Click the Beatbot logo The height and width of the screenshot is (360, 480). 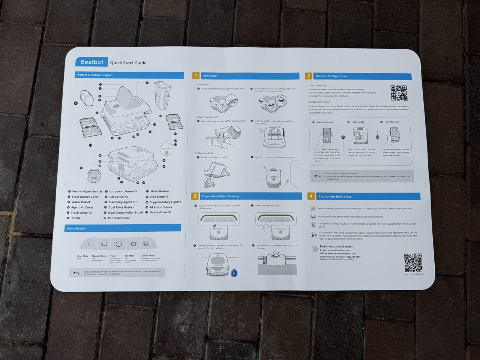point(92,62)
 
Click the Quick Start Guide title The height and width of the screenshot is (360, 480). point(128,63)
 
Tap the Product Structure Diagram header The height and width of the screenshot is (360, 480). point(95,75)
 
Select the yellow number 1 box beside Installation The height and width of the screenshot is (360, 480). point(195,76)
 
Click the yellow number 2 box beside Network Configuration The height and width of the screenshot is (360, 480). point(308,76)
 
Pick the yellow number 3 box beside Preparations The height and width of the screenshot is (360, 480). point(195,196)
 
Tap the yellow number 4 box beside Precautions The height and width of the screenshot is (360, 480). point(311,196)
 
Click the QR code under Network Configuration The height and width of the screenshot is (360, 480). point(399,93)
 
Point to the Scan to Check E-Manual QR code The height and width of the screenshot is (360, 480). point(413,262)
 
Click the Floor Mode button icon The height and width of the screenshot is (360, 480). point(91,244)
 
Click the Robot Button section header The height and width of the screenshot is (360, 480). point(76,228)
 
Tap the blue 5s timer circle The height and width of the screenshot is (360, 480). point(234,273)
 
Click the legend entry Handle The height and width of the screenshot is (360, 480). point(75,218)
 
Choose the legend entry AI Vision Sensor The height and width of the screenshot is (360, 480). point(161,207)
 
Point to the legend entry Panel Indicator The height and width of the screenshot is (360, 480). point(118,218)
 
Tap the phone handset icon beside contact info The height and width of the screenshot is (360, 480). point(314,248)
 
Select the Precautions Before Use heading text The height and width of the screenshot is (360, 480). point(334,196)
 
